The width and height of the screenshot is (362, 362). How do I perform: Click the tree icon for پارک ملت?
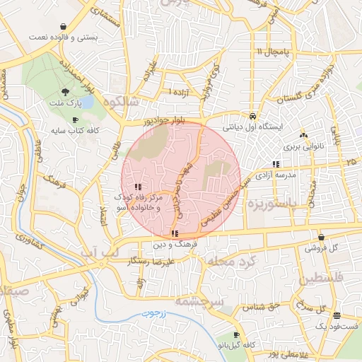pyautogui.click(x=66, y=92)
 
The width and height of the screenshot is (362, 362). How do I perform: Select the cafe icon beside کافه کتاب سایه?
pyautogui.click(x=75, y=120)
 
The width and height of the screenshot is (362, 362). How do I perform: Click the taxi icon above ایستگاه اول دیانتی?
pyautogui.click(x=252, y=116)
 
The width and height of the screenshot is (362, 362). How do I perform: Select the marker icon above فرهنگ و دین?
pyautogui.click(x=174, y=233)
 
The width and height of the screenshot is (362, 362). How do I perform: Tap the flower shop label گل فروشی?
pyautogui.click(x=322, y=249)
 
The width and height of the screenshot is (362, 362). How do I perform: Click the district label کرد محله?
pyautogui.click(x=228, y=262)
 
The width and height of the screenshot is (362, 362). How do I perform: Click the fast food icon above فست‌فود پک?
pyautogui.click(x=337, y=315)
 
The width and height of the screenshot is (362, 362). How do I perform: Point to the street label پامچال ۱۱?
pyautogui.click(x=269, y=52)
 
